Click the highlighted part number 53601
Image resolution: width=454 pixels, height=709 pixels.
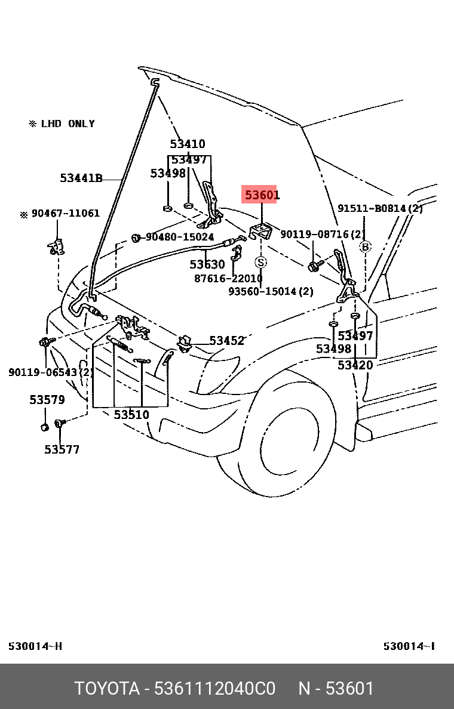[259, 195]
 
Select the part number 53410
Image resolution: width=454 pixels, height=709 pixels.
[187, 144]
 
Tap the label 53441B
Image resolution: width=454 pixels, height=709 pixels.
[81, 178]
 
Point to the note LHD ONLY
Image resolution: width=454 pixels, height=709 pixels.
[68, 124]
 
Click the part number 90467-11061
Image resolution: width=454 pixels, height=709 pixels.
[65, 214]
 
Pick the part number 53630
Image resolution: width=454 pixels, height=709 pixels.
[207, 264]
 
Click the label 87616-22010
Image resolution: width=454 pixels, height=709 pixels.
[228, 278]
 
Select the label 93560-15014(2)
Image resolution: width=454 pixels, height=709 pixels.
[271, 291]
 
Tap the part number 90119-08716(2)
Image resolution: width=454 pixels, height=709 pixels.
[322, 235]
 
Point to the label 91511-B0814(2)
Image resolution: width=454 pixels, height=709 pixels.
[380, 209]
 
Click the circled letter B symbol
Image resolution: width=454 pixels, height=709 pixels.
[365, 247]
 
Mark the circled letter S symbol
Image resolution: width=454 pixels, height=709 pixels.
[261, 262]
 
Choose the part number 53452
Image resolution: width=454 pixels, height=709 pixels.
[226, 341]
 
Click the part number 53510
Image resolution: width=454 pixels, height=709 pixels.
[131, 414]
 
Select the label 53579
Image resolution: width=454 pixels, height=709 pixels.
[47, 400]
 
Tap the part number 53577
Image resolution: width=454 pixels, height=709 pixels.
[62, 449]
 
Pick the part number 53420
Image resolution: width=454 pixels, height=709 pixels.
[355, 365]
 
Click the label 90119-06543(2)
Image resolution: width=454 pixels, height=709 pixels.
[50, 372]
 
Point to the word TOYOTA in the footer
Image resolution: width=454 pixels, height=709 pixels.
[106, 689]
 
